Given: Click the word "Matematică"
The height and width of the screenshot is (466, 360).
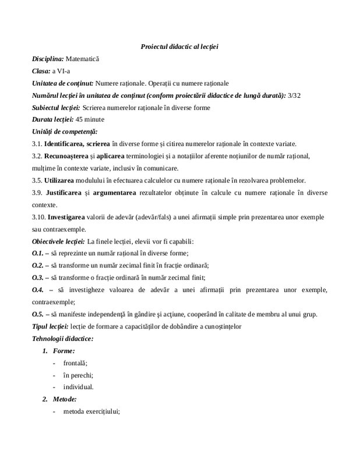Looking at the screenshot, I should click(x=82, y=59).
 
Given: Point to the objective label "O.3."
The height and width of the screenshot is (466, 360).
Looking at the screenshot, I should click(x=38, y=277).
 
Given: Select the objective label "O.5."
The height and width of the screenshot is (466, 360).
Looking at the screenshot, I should click(x=38, y=314).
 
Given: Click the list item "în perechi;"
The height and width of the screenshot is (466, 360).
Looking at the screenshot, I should click(x=78, y=375).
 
